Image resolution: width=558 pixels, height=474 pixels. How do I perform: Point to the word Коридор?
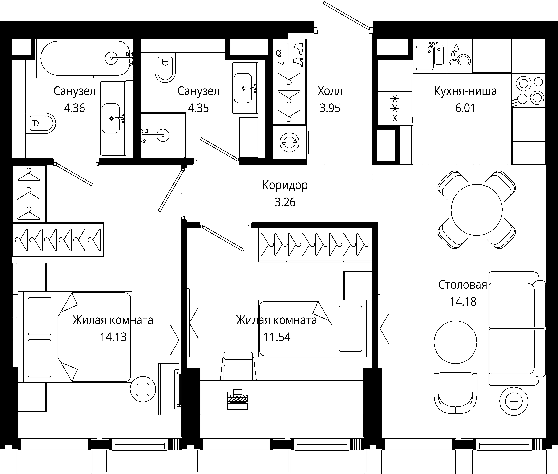click(x=285, y=185)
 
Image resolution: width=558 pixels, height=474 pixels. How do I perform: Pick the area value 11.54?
click(x=277, y=337)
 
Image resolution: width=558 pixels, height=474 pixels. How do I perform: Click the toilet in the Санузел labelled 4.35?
click(x=165, y=67)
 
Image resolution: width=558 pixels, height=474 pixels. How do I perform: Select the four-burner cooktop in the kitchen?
click(x=529, y=90)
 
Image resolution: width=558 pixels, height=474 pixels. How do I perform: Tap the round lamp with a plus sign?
click(x=514, y=402)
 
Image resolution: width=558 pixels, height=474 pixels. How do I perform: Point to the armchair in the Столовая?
click(x=455, y=393)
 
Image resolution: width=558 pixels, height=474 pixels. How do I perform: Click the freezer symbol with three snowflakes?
click(x=394, y=108)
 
